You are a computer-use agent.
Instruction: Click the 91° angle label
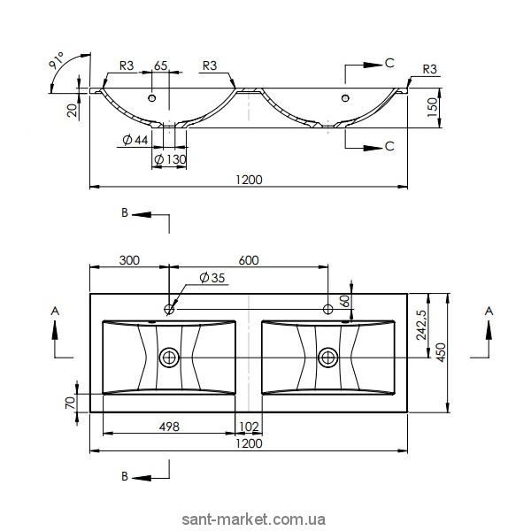pyautogui.click(x=57, y=60)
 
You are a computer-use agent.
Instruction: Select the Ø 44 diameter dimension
pyautogui.click(x=135, y=140)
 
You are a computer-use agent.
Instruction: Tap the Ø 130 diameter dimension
pyautogui.click(x=170, y=159)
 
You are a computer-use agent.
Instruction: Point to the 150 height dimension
pyautogui.click(x=433, y=107)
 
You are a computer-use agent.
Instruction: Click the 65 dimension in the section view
pyautogui.click(x=160, y=65)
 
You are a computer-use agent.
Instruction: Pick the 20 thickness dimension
pyautogui.click(x=73, y=110)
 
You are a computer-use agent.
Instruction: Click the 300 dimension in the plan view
pyautogui.click(x=129, y=260)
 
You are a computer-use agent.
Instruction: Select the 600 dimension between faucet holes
pyautogui.click(x=249, y=260)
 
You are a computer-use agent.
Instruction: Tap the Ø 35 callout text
pyautogui.click(x=212, y=278)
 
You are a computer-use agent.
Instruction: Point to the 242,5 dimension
pyautogui.click(x=421, y=325)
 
